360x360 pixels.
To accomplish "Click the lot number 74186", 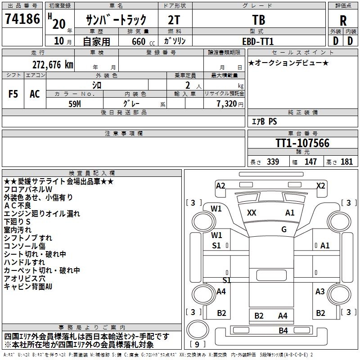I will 22,20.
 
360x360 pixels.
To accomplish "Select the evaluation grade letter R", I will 343,21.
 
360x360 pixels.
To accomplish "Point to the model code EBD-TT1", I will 258,41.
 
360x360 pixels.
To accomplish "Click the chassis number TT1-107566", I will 302,144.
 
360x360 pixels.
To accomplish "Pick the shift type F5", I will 13,94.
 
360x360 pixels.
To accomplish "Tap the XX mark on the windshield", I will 252,213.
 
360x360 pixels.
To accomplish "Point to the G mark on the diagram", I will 284,229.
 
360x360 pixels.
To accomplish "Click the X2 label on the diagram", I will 320,185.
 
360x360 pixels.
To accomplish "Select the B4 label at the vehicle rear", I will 283,331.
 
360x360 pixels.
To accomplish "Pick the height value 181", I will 346,162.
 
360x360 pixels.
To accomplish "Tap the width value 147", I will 310,162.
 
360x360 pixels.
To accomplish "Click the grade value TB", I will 259,21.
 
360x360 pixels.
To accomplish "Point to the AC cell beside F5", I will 35,94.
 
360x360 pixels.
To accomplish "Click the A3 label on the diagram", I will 320,292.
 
